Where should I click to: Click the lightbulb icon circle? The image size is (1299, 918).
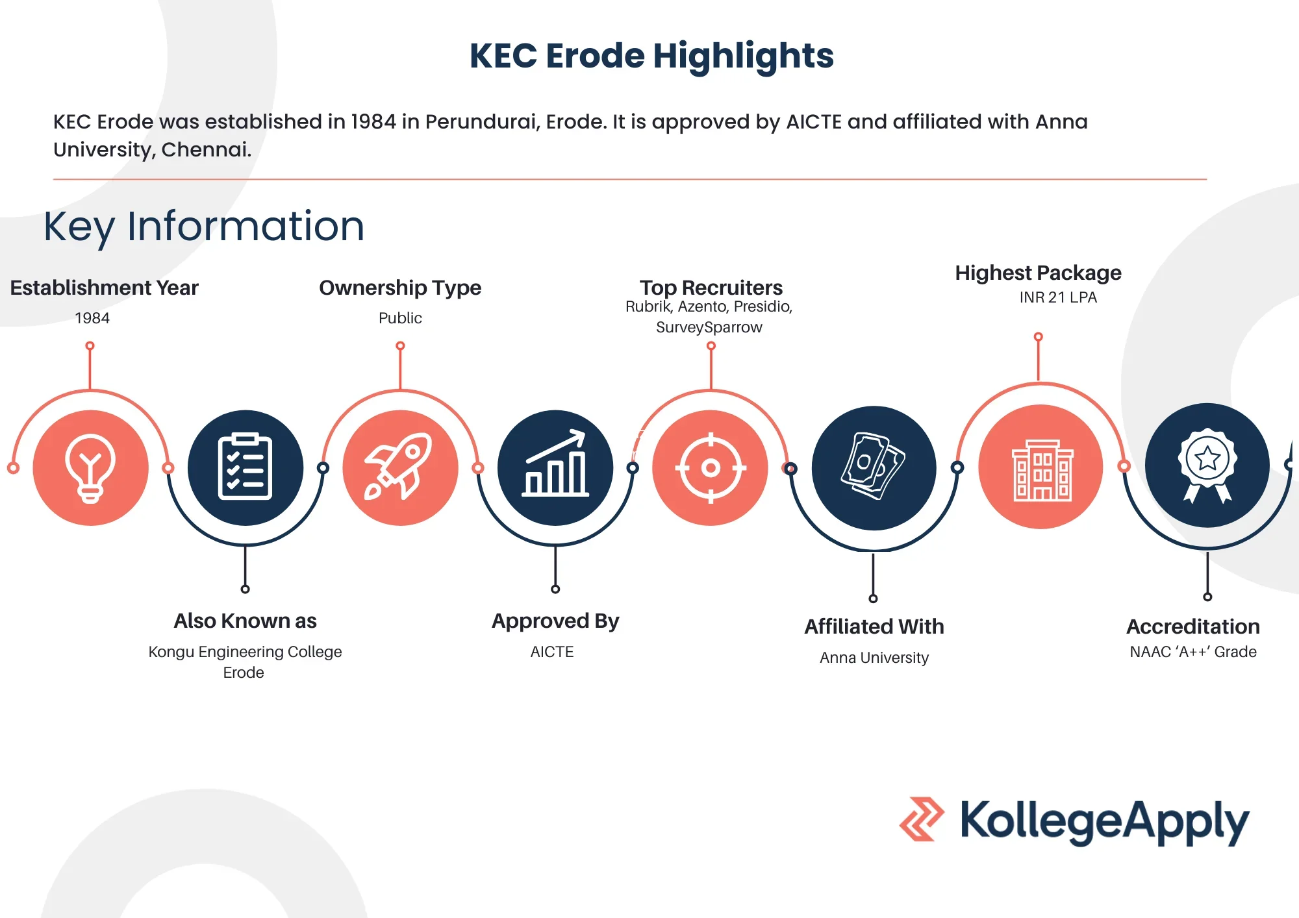click(91, 467)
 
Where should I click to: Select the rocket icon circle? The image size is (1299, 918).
click(401, 467)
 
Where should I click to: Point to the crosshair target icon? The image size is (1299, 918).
click(711, 467)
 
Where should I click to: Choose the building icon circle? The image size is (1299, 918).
click(1041, 467)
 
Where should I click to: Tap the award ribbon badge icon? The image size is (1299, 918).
click(1207, 465)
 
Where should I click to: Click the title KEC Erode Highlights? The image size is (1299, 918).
click(651, 56)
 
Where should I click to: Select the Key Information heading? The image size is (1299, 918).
click(204, 227)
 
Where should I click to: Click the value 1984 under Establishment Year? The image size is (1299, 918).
click(92, 318)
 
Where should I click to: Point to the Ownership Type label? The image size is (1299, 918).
click(400, 288)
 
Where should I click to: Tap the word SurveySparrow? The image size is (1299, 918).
click(709, 327)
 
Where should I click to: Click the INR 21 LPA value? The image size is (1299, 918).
click(1058, 297)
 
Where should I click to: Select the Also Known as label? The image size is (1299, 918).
click(245, 621)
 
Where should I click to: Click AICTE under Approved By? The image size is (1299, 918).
click(552, 652)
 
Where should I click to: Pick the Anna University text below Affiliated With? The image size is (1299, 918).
click(874, 658)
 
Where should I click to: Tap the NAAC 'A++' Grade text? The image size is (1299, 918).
click(1193, 652)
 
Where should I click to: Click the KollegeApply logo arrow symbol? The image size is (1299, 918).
click(922, 819)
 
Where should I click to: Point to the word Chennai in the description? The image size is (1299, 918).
click(206, 149)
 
